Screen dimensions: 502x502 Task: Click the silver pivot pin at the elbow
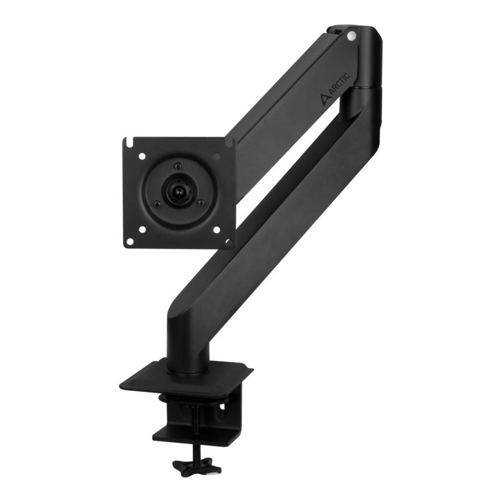(351, 35)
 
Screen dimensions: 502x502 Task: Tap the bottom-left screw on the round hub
(156, 203)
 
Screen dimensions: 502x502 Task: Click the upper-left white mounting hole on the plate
(142, 156)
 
